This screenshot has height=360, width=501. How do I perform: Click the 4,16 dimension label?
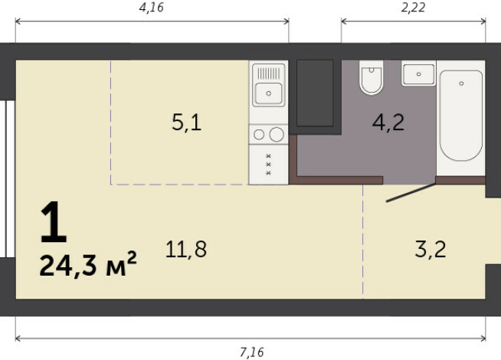point(151,8)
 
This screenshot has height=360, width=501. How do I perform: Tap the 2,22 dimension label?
point(414,8)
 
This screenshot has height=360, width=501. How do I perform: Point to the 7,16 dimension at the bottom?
point(251,352)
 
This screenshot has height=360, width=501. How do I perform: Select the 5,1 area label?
point(186,122)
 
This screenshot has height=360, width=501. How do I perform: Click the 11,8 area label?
point(186,249)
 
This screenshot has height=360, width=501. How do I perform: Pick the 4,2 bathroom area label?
point(388,122)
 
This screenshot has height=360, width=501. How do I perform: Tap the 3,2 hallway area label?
point(430,249)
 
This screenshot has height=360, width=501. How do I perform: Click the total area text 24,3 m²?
point(88,266)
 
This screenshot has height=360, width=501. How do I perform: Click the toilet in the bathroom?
point(372,78)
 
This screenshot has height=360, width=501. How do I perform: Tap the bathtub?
point(460,115)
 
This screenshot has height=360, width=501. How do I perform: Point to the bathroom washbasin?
point(418,74)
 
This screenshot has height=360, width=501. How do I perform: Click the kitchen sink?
point(268,93)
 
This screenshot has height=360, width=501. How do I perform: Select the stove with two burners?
point(268,135)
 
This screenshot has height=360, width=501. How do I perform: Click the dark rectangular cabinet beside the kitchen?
point(315,93)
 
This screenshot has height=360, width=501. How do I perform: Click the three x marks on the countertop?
point(268,165)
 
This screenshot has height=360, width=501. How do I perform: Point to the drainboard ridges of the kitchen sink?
point(269,73)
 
